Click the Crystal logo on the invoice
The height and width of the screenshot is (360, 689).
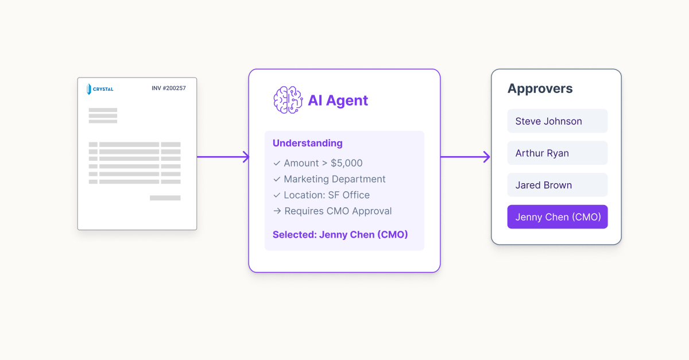tap(100, 88)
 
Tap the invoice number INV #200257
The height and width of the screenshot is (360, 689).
tap(168, 88)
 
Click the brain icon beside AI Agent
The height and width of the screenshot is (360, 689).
tap(288, 100)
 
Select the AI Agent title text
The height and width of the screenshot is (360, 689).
tap(338, 100)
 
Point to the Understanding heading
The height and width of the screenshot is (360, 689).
tap(307, 143)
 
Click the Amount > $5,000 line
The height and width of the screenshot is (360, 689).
tap(323, 163)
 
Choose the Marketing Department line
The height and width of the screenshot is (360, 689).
tap(334, 179)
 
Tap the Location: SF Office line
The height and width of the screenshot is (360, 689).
tap(326, 195)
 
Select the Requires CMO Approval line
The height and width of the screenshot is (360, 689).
tap(338, 211)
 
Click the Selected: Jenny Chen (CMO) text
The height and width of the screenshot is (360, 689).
tap(340, 234)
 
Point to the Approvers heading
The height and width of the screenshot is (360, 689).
tap(540, 88)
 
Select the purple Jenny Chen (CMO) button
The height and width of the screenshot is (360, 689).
tap(557, 217)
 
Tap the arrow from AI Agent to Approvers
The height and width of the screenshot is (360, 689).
tap(465, 157)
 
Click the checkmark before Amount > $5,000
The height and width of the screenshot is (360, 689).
tap(277, 163)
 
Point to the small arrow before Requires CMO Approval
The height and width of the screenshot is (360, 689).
tap(277, 211)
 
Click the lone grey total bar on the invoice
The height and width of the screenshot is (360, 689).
tap(165, 198)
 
